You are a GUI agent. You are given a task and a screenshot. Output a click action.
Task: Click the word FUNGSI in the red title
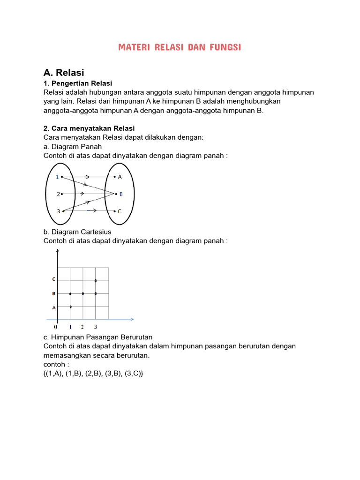click(x=225, y=47)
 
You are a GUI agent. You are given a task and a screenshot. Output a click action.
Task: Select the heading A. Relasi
click(x=63, y=73)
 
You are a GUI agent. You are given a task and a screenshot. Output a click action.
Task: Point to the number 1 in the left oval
click(x=57, y=177)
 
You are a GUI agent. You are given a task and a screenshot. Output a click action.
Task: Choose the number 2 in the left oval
click(x=58, y=194)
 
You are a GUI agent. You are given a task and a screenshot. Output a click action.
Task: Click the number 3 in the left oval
click(x=58, y=211)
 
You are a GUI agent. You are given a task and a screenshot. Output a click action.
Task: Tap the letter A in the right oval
click(x=120, y=177)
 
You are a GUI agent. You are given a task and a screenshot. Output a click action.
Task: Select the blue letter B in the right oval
click(x=120, y=194)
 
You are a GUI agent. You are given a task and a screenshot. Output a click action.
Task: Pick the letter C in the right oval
click(x=120, y=211)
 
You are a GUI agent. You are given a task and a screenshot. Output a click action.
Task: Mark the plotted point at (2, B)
click(x=83, y=293)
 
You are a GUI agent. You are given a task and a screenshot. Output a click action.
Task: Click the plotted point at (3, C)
click(x=96, y=281)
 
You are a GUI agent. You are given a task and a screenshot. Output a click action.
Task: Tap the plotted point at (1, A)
click(x=70, y=307)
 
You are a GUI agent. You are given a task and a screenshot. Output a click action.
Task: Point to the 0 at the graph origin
click(x=55, y=327)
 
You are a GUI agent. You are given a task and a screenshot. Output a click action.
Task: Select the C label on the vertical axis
click(x=54, y=279)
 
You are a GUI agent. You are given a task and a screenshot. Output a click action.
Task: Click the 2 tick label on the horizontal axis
click(x=82, y=327)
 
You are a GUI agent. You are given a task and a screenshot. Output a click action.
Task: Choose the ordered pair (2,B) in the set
click(x=94, y=374)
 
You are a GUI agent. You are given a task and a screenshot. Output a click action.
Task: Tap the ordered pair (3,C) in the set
click(x=134, y=374)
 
